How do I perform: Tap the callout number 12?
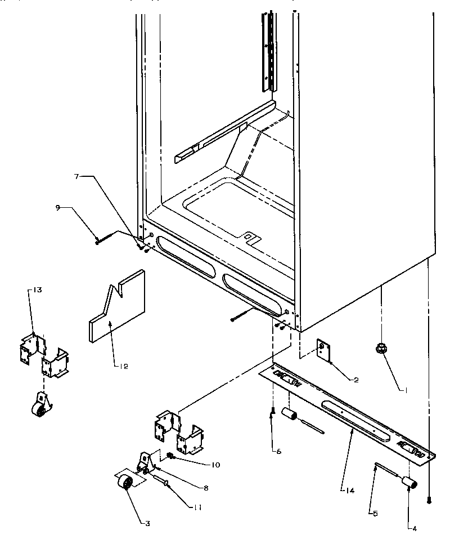123,367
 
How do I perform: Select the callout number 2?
355,380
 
